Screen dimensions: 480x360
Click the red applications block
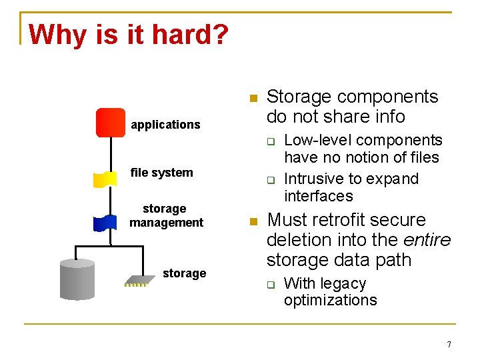coord(111,123)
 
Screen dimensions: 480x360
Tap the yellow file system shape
coord(105,178)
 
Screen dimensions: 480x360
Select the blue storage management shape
coord(105,222)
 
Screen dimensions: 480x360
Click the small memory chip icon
coord(138,281)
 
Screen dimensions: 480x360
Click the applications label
coord(165,125)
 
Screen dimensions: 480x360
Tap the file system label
coord(161,173)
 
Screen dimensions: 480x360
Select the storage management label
coord(166,216)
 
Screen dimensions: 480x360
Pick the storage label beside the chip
coord(184,273)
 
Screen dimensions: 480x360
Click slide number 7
coord(449,345)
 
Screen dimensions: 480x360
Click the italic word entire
coord(427,239)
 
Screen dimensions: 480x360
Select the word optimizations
coord(330,300)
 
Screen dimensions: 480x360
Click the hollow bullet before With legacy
coord(271,285)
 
